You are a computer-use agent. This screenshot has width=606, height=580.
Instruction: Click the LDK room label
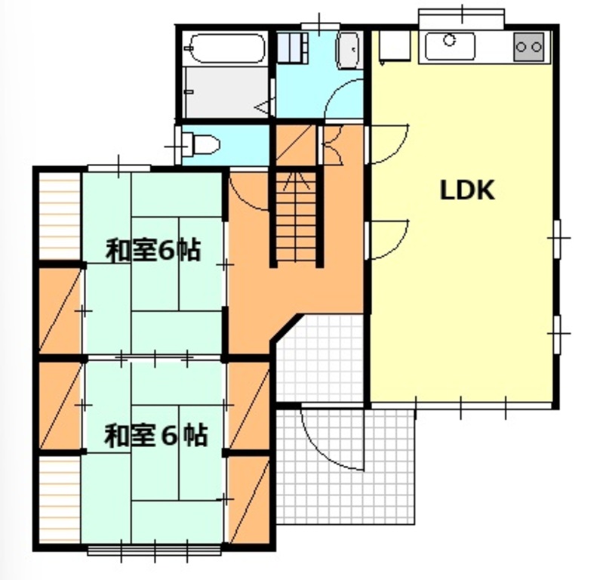click(467, 190)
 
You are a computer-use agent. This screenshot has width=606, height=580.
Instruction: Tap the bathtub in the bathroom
click(228, 48)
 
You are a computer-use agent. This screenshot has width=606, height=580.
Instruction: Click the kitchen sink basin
click(450, 46)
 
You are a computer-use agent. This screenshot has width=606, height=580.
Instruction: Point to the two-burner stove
click(529, 47)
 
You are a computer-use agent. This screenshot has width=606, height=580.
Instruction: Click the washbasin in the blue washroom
click(349, 50)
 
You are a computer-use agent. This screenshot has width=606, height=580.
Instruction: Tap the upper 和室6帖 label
click(154, 251)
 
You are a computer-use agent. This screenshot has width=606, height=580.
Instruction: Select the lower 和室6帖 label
click(155, 436)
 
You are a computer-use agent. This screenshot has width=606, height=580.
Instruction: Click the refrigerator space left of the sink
click(395, 46)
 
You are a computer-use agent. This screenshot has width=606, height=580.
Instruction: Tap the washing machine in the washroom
click(293, 48)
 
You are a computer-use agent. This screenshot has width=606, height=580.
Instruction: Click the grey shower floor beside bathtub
click(226, 91)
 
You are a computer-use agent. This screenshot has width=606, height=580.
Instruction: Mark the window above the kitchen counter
click(461, 18)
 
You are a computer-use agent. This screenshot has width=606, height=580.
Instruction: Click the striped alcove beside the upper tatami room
click(60, 216)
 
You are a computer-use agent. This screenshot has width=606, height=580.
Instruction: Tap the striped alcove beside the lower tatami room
click(60, 499)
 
